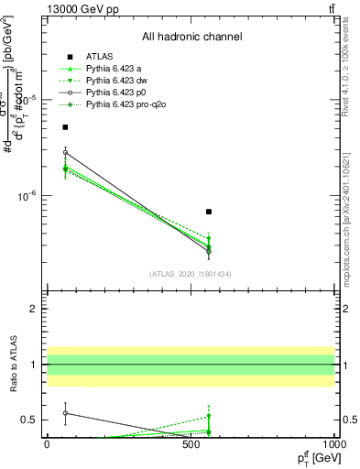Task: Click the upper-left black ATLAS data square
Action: point(65,127)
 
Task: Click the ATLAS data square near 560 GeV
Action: point(209,212)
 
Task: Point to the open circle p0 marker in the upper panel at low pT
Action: point(65,153)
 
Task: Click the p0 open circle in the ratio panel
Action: point(65,413)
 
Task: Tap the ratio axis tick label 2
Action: point(35,310)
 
